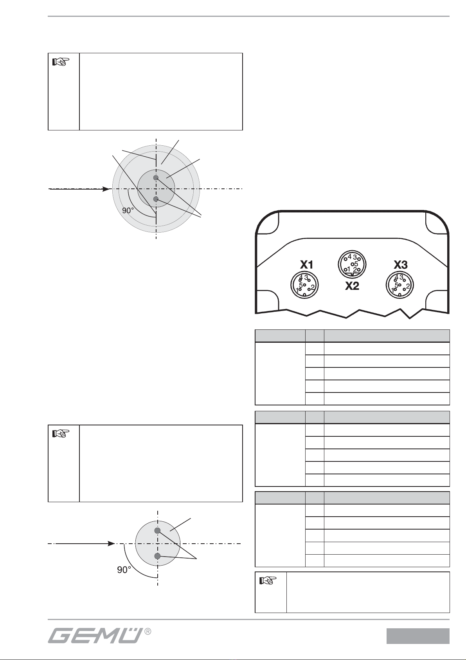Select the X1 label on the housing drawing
(x=306, y=265)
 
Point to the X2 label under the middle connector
(x=352, y=286)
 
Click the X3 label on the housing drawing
(x=401, y=265)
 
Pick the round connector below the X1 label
(x=305, y=285)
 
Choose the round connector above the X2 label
(x=352, y=264)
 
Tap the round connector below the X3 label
(x=400, y=285)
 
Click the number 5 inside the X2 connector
(x=356, y=264)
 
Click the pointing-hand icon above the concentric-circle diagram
(x=61, y=61)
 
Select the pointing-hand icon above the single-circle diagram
(x=61, y=434)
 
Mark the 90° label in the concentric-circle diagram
(x=128, y=210)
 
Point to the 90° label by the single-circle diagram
(x=124, y=570)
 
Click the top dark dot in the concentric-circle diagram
(x=156, y=178)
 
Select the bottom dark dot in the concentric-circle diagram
(x=156, y=199)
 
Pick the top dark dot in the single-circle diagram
(x=158, y=530)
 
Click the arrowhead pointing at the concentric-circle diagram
(x=106, y=189)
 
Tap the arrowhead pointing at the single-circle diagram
(x=111, y=543)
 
